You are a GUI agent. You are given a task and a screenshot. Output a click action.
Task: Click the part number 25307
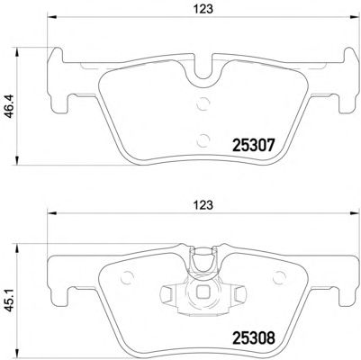[254, 146]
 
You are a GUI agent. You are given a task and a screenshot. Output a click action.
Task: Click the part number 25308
[254, 338]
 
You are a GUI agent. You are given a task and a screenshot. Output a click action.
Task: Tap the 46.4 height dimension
[9, 105]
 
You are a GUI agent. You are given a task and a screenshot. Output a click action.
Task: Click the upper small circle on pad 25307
[203, 103]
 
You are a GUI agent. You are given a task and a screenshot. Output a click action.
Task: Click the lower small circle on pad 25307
[203, 139]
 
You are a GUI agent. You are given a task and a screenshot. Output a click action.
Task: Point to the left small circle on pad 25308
[126, 277]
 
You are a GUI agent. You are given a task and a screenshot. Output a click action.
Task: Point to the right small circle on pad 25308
[279, 277]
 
